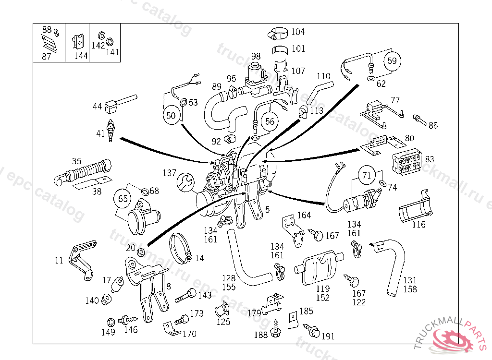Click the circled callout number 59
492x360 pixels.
pos(393,61)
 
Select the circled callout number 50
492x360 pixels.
pos(172,116)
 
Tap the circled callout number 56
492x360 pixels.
pos(270,121)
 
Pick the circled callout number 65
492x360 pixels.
pos(123,198)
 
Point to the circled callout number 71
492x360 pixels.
pos(367,176)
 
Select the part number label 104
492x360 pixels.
pos(298,32)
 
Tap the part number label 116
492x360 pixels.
pos(419,225)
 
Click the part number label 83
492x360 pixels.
pos(430,159)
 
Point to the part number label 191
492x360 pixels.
pos(328,336)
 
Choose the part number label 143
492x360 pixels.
pos(205,295)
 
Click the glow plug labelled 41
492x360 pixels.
pos(112,130)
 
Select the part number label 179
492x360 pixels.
pos(254,313)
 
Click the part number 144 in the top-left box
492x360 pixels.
pos(81,55)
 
